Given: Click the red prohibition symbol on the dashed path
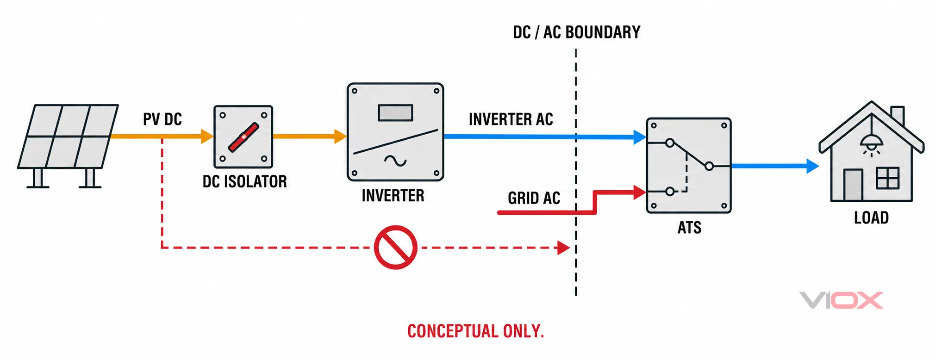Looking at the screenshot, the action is [396, 248].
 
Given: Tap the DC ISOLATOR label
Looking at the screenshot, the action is [245, 181].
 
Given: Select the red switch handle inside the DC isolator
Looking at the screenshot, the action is [243, 137].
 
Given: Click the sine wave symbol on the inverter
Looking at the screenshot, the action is [395, 161].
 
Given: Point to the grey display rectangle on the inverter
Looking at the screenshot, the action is [395, 113].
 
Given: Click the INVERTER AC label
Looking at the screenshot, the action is [511, 119].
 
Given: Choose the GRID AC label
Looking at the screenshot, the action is [534, 198].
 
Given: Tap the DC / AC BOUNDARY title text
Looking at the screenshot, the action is [577, 32].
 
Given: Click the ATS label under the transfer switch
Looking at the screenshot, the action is [689, 228].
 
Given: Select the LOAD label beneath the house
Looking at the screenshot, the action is [872, 217].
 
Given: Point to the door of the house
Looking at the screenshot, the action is [853, 185].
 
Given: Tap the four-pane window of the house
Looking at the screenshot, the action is [888, 178].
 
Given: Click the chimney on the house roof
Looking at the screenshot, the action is [898, 116].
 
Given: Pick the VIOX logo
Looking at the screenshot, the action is [841, 300].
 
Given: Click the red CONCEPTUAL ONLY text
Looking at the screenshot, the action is [476, 331].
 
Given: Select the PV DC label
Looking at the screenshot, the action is [162, 119].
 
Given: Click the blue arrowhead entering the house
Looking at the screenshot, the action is [813, 166].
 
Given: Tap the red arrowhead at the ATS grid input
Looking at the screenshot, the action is [640, 192].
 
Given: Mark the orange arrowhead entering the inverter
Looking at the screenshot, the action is [341, 137].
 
